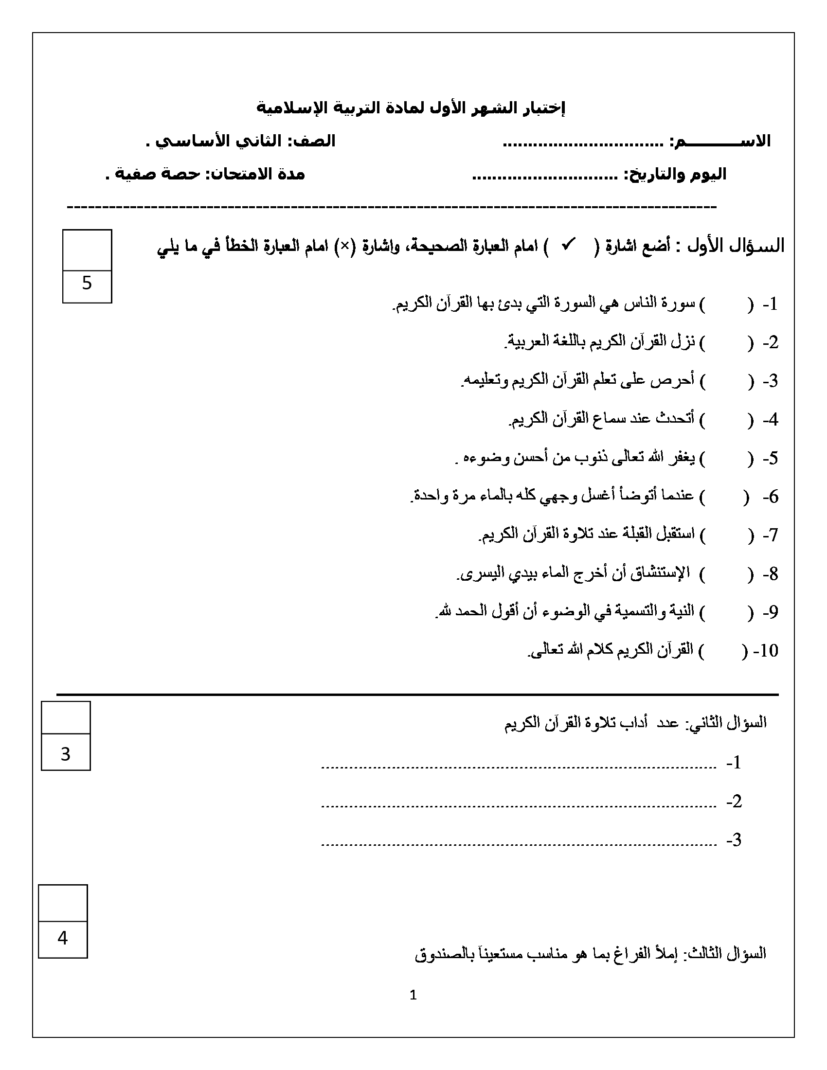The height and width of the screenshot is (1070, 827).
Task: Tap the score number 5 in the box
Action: coord(87,283)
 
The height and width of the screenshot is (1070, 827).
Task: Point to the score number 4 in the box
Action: coord(62,938)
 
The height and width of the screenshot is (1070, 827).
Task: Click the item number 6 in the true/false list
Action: coord(772,497)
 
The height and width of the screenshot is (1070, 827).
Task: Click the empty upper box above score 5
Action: coord(87,250)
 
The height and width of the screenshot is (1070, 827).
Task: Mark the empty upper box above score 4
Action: coord(63,903)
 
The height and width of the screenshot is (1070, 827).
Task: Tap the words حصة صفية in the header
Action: coord(157,175)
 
